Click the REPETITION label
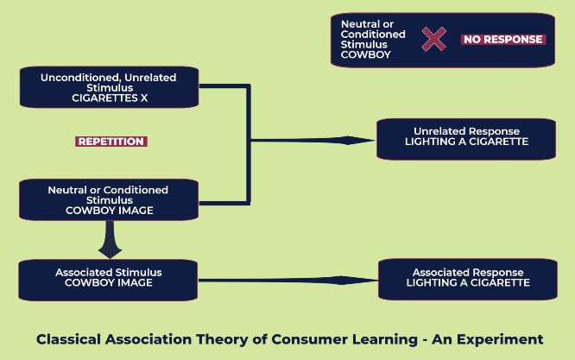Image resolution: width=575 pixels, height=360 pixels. point(111,142)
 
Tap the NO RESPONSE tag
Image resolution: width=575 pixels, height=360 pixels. point(503,40)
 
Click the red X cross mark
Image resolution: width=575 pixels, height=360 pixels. point(433,39)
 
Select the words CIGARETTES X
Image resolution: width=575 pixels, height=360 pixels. point(110,98)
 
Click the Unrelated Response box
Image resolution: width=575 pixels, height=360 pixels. point(466,139)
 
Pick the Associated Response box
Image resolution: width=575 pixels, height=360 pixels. point(468,280)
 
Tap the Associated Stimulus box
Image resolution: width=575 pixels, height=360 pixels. point(108,280)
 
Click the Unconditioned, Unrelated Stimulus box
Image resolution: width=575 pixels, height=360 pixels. point(110,87)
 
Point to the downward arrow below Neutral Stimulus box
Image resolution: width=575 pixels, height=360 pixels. point(110,239)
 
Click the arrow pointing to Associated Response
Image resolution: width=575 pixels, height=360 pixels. point(287,281)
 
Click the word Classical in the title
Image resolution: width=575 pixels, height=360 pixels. point(68,339)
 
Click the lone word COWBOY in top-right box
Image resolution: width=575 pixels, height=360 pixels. point(365,54)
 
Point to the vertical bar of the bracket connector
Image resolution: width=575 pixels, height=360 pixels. point(249,145)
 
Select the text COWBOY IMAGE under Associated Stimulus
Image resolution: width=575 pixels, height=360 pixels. point(109,282)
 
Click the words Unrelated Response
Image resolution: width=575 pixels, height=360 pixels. point(466,131)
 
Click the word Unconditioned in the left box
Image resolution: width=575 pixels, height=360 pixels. point(80,78)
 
